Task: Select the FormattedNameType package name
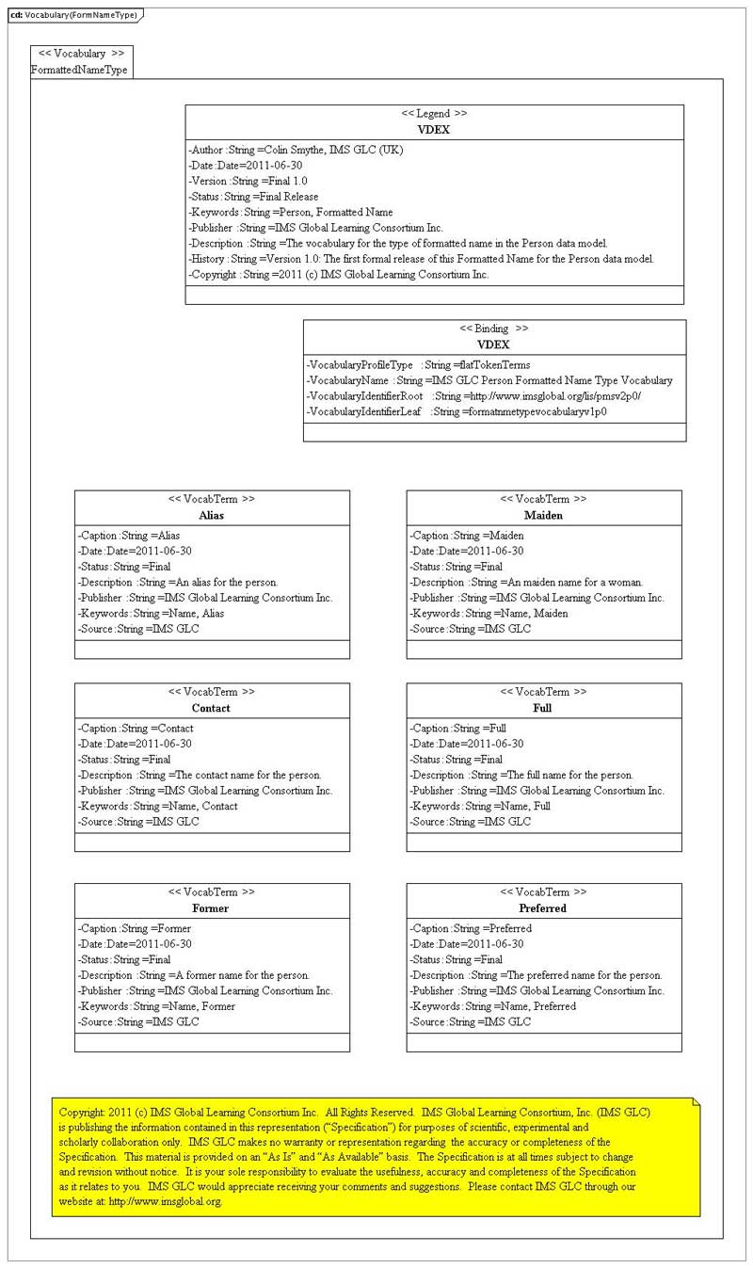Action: (x=79, y=70)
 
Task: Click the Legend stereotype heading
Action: (x=434, y=114)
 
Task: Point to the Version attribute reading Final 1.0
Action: (x=248, y=181)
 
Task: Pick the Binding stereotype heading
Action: (x=494, y=329)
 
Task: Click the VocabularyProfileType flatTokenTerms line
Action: (x=418, y=364)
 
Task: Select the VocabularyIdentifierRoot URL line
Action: (x=473, y=396)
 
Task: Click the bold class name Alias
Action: (x=212, y=515)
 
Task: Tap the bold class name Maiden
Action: (x=543, y=515)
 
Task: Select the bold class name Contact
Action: (x=211, y=708)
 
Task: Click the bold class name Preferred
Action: (x=543, y=908)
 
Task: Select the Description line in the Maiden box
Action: (x=526, y=582)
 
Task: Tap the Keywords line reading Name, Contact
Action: (x=157, y=806)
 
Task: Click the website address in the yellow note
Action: (x=165, y=1201)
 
